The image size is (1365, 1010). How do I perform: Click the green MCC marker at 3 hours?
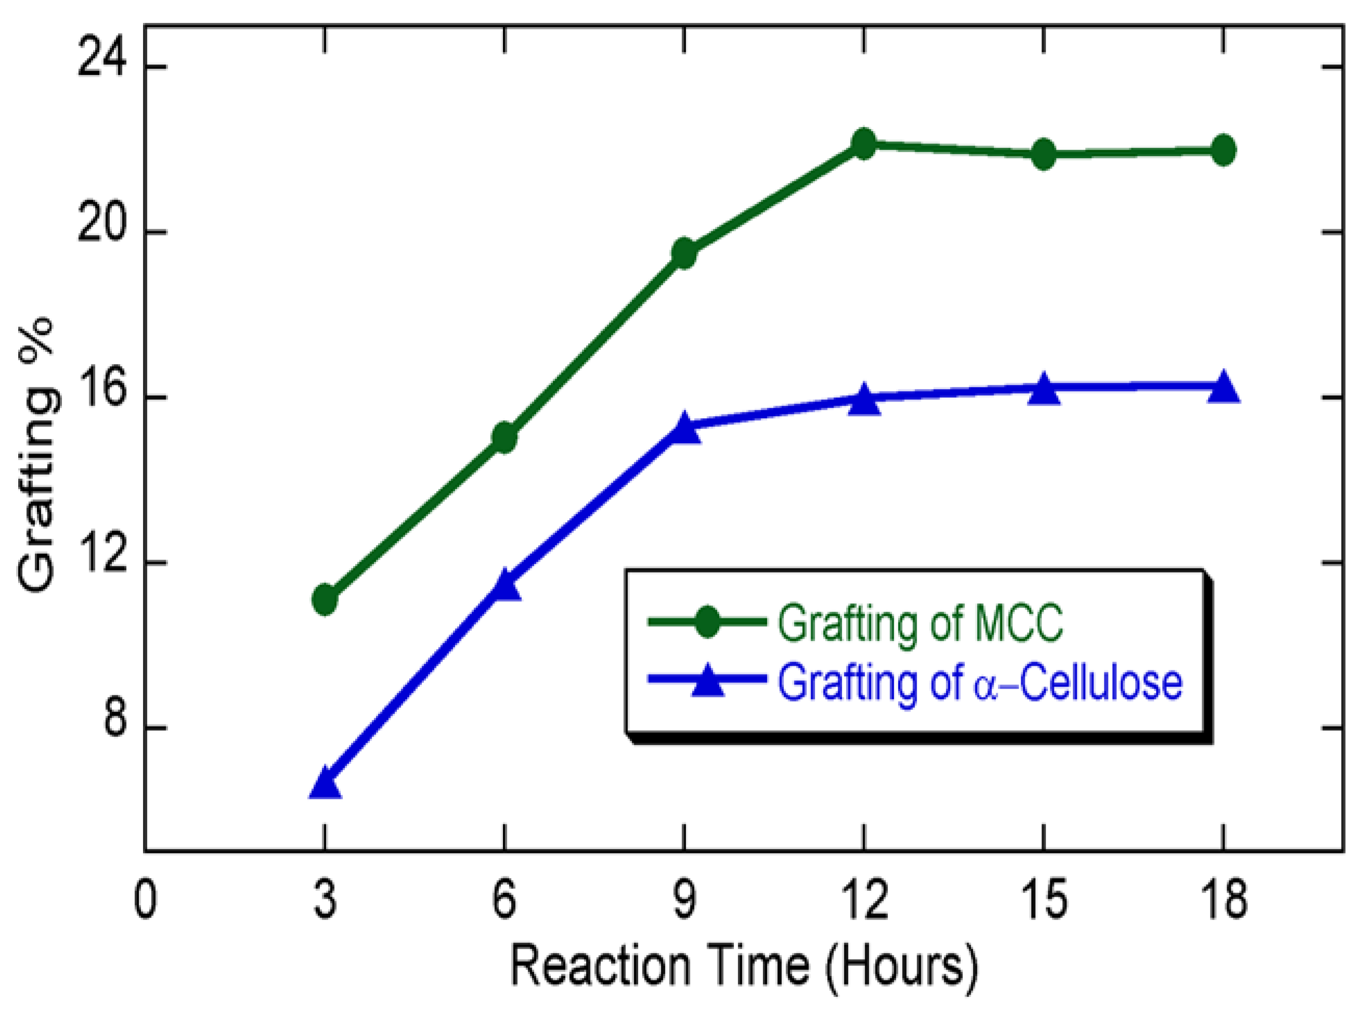(x=324, y=600)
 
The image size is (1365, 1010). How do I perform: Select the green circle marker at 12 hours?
(x=864, y=144)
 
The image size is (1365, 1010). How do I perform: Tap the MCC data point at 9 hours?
(x=684, y=253)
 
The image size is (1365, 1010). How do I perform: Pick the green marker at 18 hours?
(x=1223, y=150)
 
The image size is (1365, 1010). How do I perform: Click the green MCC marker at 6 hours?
(x=504, y=437)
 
